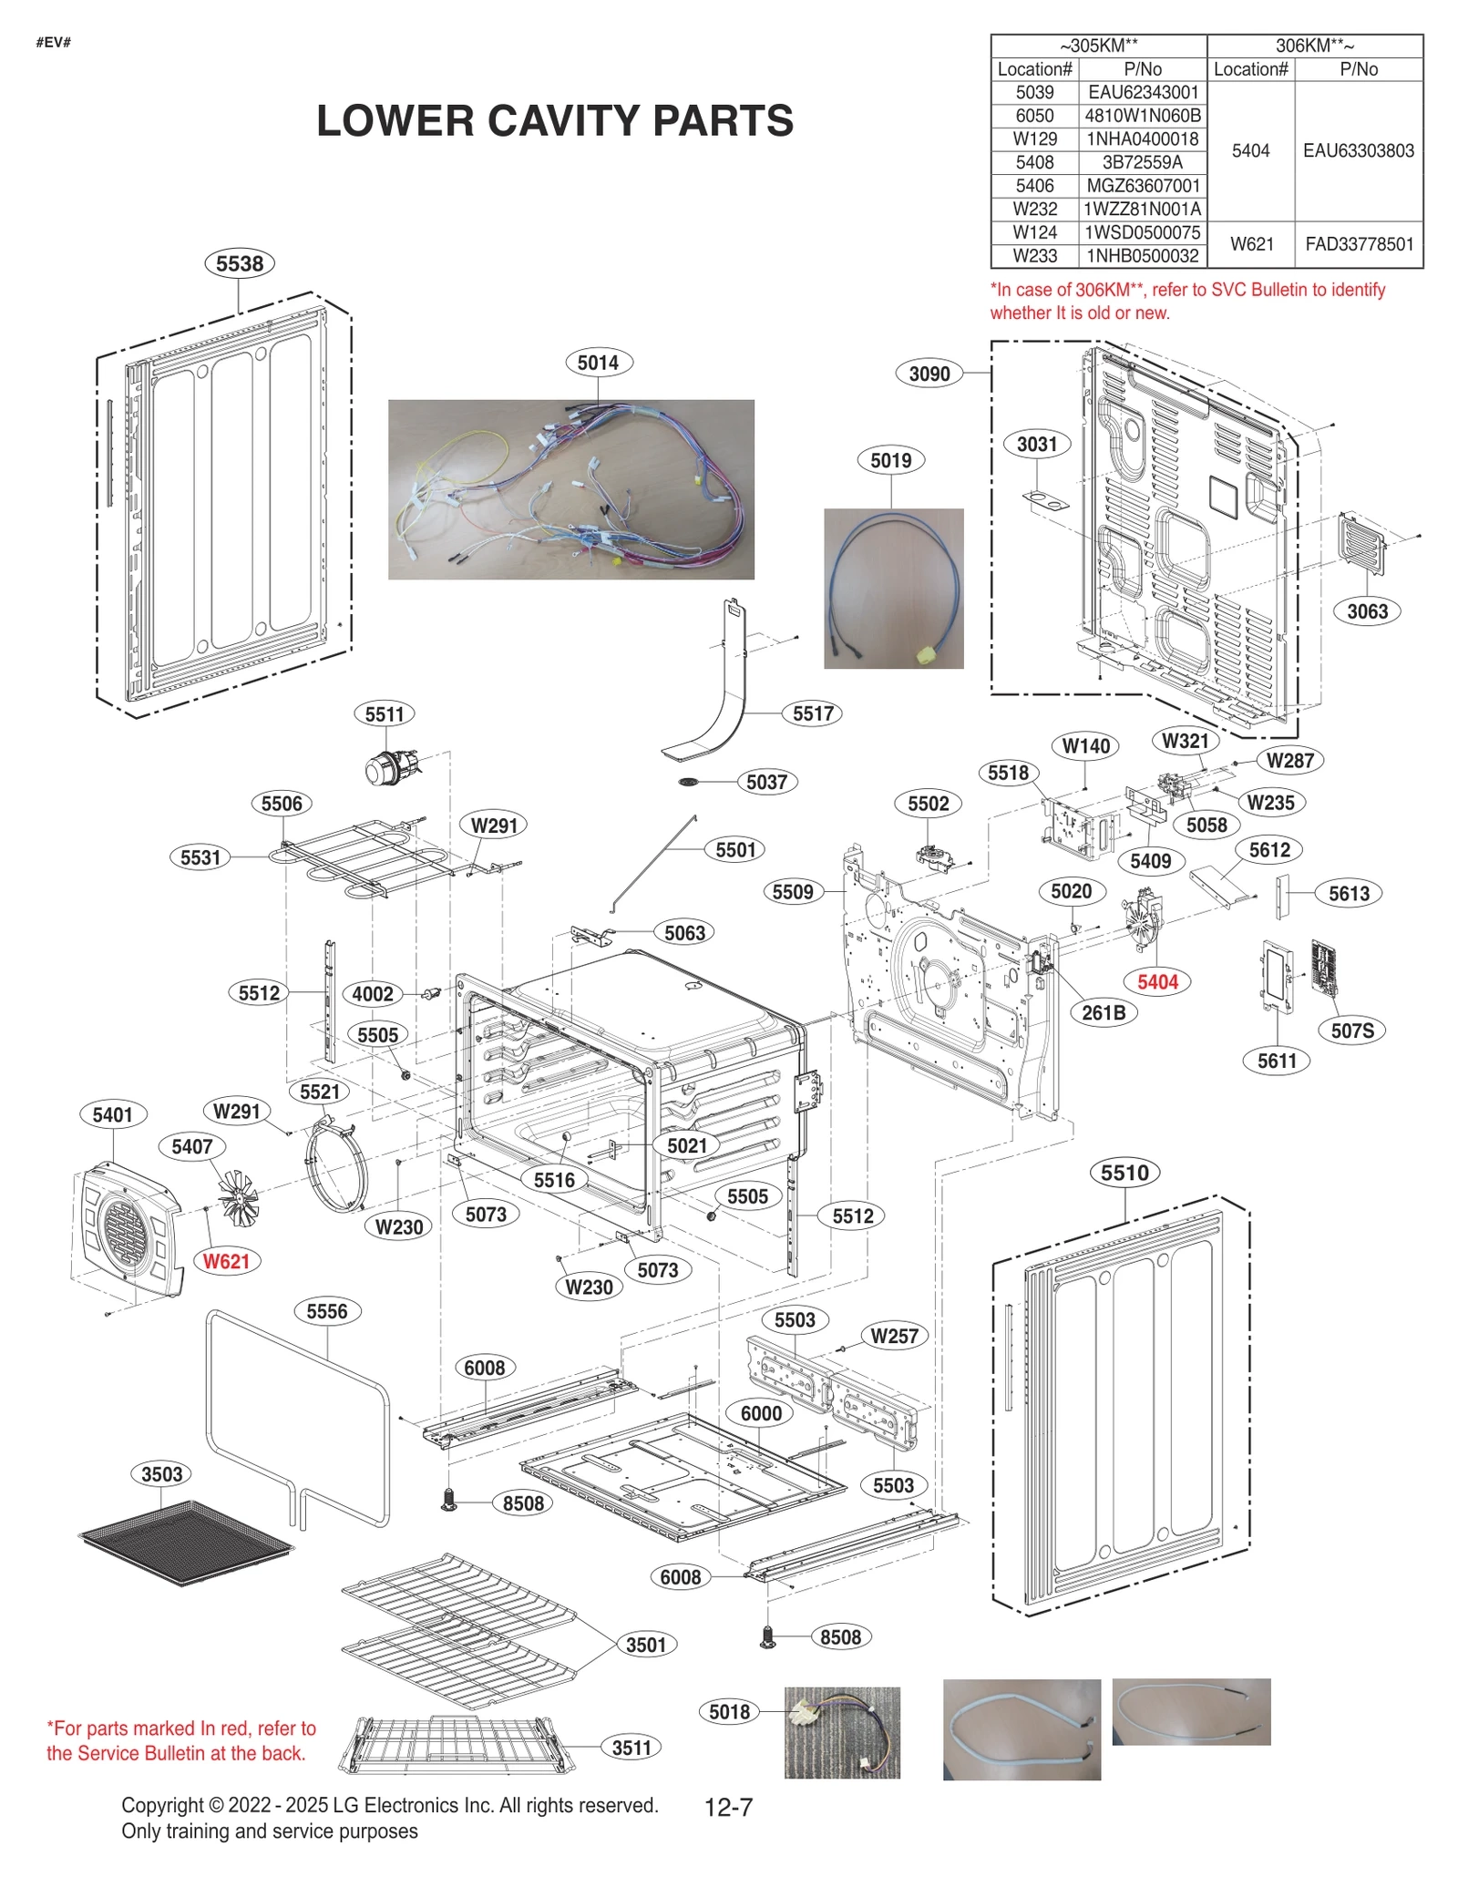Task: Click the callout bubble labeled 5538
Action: [x=239, y=263]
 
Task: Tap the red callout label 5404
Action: [x=1157, y=981]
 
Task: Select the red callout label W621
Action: [x=225, y=1261]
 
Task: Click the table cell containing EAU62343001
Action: [x=1143, y=92]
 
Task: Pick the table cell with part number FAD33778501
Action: [x=1359, y=244]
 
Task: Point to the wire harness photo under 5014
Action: [x=570, y=489]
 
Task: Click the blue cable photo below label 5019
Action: [x=893, y=589]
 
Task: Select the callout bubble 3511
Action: [x=631, y=1747]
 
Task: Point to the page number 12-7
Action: [x=728, y=1807]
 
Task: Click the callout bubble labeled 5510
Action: [x=1124, y=1173]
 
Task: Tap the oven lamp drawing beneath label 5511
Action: [x=392, y=765]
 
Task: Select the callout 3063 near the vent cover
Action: [x=1367, y=611]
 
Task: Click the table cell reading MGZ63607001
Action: [x=1143, y=186]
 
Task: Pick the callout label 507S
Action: [x=1351, y=1031]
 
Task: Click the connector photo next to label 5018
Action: [x=841, y=1731]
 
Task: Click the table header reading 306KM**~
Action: [x=1314, y=46]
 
